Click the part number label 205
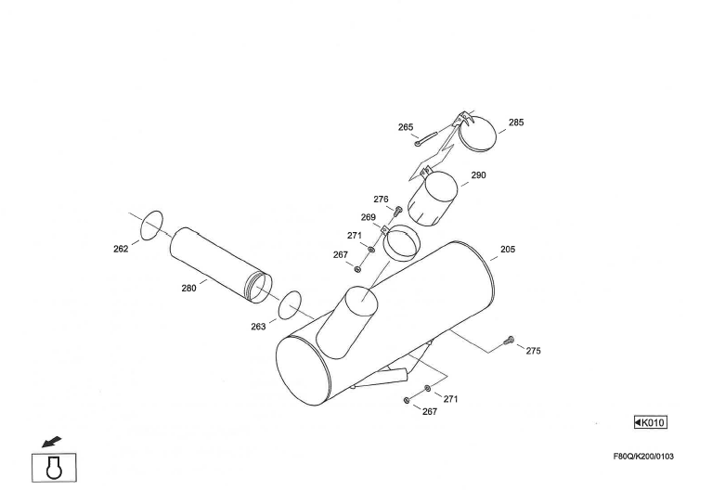tap(508, 249)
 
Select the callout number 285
tap(516, 122)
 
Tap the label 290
tap(479, 174)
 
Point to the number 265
tap(406, 127)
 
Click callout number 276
tap(381, 199)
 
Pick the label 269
tap(369, 217)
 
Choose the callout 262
tap(121, 249)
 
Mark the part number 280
tap(188, 288)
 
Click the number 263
tap(258, 326)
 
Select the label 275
tap(534, 351)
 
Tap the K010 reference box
tap(651, 423)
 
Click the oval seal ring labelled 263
tap(291, 303)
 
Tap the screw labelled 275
tap(508, 341)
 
